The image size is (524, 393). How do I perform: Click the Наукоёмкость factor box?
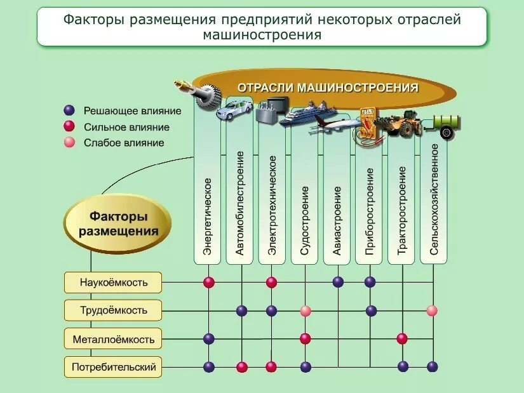point(114,282)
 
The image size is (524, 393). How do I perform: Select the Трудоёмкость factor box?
point(114,310)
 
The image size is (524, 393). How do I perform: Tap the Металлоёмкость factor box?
point(114,339)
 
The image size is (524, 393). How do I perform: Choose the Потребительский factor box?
point(114,366)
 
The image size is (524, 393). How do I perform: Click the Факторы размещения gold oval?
point(118,224)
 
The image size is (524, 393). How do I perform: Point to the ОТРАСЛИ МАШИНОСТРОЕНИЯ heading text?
point(328,88)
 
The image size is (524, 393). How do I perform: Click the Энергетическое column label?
point(208,216)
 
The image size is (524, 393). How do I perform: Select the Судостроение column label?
point(305,220)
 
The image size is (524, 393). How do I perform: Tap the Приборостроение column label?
point(370,211)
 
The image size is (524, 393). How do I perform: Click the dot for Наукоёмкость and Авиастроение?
point(338,282)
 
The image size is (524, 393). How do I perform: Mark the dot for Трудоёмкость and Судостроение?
point(306,310)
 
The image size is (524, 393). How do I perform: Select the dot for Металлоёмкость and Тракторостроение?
point(402,338)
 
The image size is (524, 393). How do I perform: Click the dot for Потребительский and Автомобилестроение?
point(241,366)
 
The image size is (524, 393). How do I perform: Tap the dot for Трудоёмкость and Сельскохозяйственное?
point(432,310)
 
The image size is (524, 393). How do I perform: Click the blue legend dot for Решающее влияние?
point(70,110)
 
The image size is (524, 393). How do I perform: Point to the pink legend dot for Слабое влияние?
point(70,142)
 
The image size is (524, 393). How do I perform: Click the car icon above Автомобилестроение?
point(234,112)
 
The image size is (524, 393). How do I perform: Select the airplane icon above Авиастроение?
point(334,124)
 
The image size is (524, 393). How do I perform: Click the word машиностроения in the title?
point(262,36)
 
